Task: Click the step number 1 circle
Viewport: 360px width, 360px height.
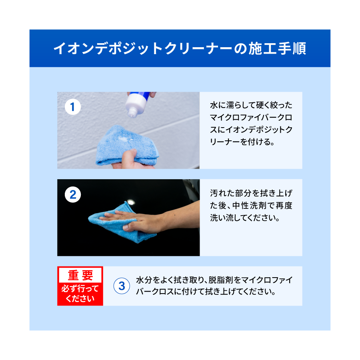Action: [x=73, y=107]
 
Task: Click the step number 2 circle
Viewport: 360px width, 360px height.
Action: [x=73, y=195]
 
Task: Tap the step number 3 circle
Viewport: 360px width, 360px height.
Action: [x=122, y=286]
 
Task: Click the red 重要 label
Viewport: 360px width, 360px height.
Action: [x=80, y=275]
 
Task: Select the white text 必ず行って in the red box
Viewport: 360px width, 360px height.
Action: [x=80, y=288]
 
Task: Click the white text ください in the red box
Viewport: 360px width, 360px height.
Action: [x=80, y=298]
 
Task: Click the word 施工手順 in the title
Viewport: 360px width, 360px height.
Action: [x=277, y=48]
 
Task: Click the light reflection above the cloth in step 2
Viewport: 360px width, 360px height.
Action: [x=130, y=202]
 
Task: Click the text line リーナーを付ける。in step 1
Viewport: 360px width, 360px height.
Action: [x=242, y=142]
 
